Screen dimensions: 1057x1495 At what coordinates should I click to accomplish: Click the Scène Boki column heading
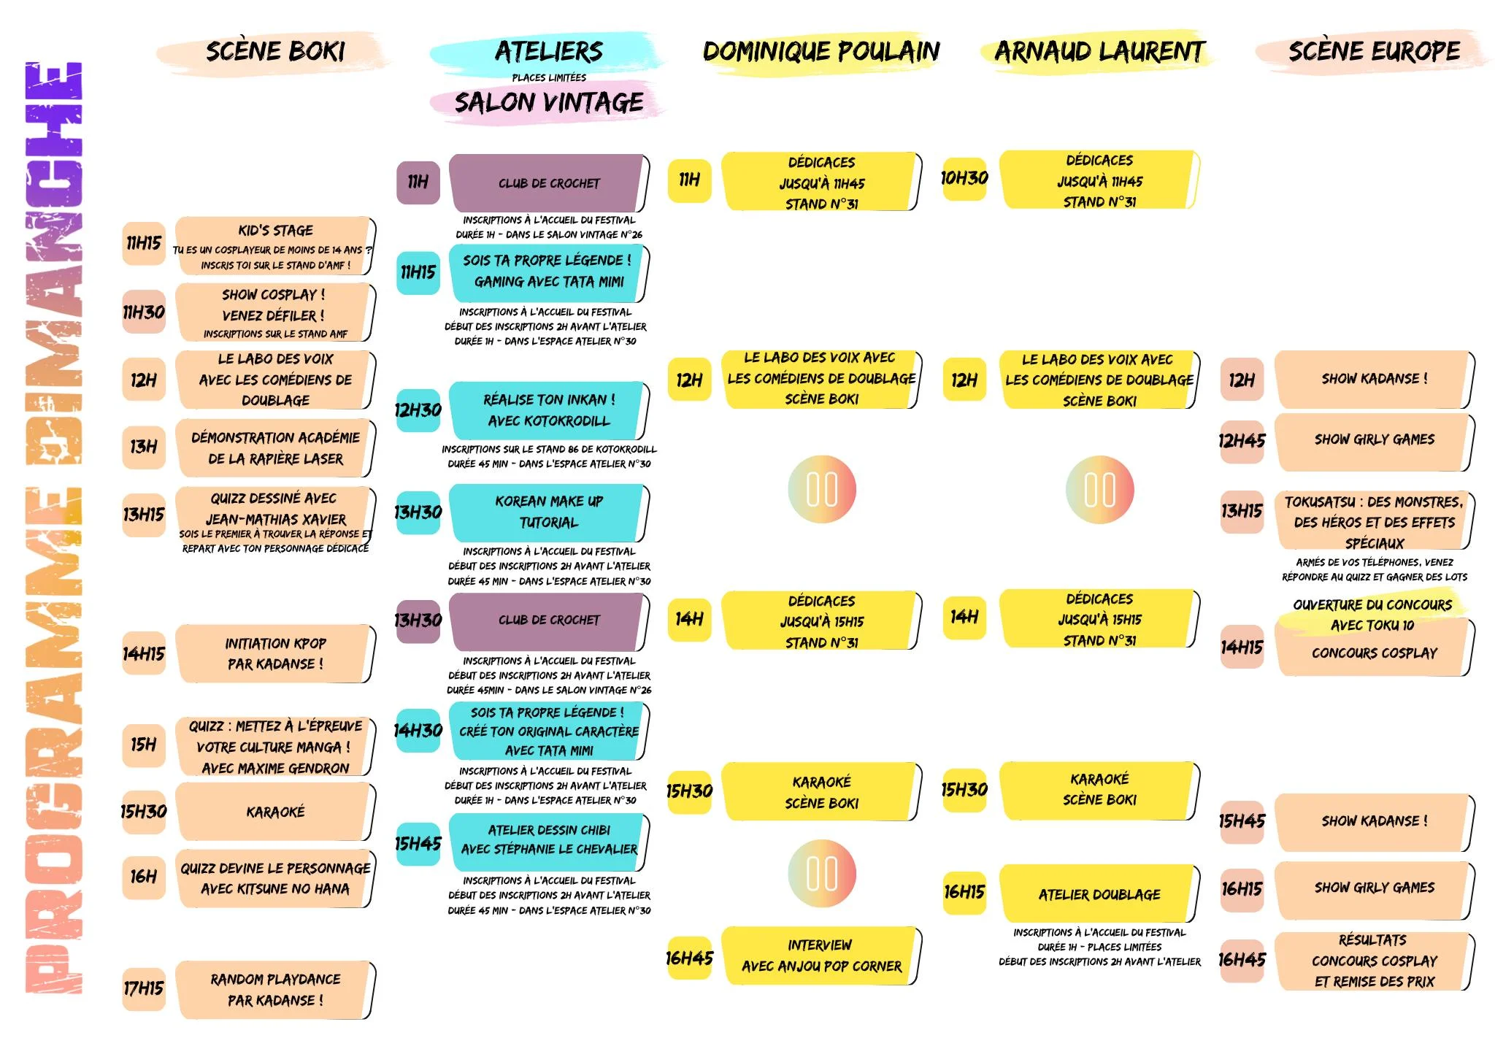274,52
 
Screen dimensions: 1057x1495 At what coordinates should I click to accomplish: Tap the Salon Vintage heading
549,103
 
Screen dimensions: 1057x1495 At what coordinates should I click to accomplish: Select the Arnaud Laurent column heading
1099,52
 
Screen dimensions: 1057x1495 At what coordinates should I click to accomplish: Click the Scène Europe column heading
1374,52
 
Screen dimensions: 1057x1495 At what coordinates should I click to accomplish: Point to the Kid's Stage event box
274,246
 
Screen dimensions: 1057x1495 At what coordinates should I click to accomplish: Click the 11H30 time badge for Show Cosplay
144,312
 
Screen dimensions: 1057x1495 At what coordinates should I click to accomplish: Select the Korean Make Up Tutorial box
548,512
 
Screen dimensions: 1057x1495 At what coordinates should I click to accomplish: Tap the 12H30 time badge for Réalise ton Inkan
418,410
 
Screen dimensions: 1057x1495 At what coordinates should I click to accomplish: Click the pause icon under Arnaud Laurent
1099,490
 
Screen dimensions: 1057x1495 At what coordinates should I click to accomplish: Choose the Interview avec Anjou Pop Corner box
820,956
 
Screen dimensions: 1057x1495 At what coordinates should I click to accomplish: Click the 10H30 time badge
964,178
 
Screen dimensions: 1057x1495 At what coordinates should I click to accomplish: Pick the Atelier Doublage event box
1099,893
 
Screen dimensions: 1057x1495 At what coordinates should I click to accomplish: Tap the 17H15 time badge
144,988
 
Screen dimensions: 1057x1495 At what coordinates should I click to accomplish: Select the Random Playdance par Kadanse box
274,990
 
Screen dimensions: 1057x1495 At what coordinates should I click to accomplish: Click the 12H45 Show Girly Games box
1374,440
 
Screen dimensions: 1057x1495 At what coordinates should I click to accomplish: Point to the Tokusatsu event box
1374,521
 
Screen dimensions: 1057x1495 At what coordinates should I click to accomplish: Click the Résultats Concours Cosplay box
1374,961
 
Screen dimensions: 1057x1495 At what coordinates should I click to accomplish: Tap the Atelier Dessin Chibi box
548,840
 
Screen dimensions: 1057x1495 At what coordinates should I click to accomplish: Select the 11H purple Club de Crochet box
548,183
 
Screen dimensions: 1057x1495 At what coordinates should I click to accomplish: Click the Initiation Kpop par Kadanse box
274,653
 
